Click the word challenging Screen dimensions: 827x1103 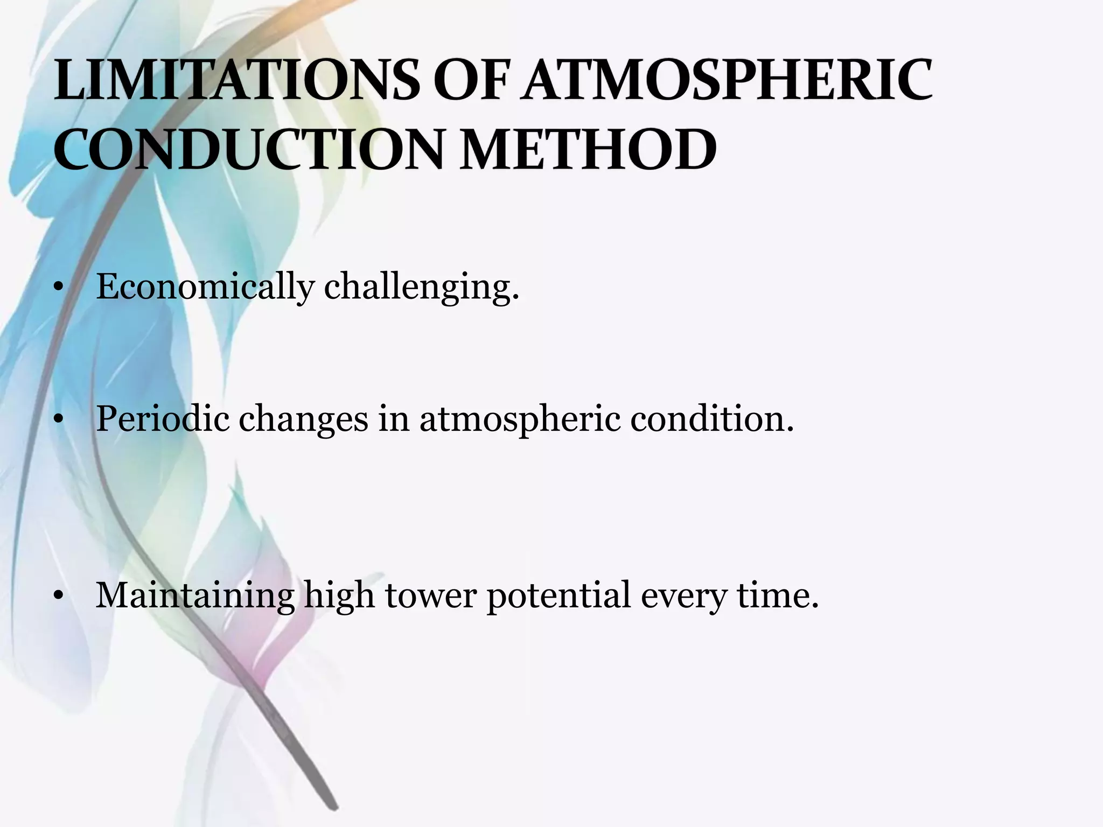(422, 288)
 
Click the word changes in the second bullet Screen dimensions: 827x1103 (303, 419)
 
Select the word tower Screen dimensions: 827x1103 (430, 595)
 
